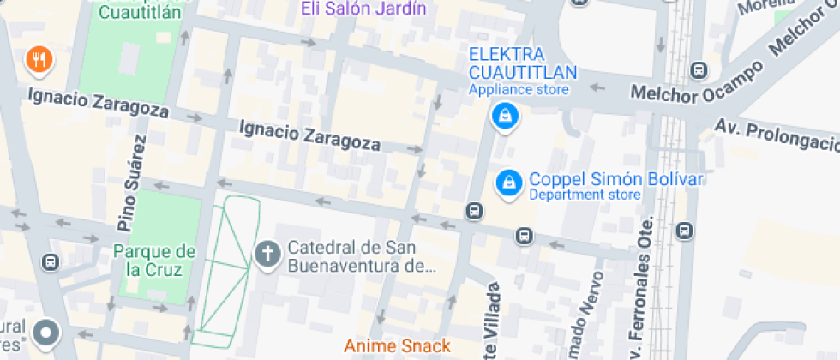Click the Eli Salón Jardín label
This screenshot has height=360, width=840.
363,9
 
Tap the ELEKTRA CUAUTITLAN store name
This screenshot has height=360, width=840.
522,63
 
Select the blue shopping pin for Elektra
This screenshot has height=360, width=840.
505,117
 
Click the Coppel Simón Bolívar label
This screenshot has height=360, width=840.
615,179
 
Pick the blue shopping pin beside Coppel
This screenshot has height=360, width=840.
509,183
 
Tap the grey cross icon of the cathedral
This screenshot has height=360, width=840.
268,254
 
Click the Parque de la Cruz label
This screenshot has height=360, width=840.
154,261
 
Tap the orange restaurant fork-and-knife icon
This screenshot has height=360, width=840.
39,60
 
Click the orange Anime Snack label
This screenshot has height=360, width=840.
397,346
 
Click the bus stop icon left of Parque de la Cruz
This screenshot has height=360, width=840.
51,261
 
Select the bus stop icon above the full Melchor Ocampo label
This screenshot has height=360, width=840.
699,70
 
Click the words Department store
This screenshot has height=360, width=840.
585,195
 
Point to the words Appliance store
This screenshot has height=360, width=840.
518,89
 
